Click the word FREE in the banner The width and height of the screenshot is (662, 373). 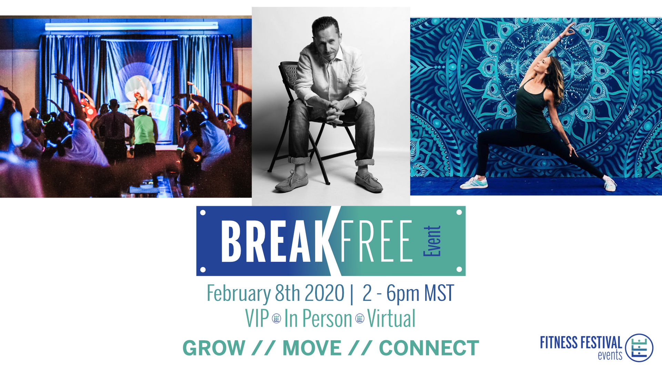point(377,241)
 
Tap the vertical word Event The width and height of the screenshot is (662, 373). point(432,241)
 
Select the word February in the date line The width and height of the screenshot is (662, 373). point(239,294)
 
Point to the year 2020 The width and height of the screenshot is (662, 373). point(324,293)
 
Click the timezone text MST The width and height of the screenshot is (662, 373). point(439,293)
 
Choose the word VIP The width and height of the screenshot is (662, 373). point(257,318)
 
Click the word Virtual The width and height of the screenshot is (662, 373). point(391,318)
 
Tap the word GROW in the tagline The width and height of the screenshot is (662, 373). point(214,348)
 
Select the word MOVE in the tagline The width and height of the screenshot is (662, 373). point(312,348)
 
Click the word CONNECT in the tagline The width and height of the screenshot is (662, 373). point(429,348)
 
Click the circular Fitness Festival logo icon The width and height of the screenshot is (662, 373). point(639,348)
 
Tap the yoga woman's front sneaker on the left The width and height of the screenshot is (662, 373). point(474,182)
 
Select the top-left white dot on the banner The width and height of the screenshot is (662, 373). point(203,212)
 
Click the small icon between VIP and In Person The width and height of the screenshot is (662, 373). point(277,318)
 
